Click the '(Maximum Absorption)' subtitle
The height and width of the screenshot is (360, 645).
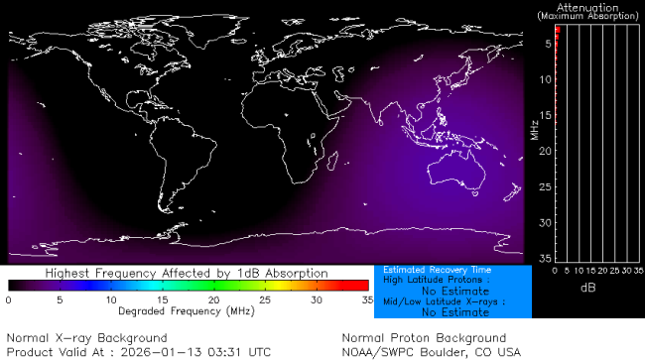588,17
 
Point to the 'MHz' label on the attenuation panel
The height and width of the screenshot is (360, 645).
534,129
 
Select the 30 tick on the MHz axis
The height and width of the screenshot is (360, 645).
546,222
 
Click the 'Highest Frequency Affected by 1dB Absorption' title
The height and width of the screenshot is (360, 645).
189,273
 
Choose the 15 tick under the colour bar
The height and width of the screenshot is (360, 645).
161,299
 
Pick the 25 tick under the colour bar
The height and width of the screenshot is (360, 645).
264,299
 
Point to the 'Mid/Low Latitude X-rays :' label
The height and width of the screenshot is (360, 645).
437,301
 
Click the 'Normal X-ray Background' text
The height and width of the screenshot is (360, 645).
73,338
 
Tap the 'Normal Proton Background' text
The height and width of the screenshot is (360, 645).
424,338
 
